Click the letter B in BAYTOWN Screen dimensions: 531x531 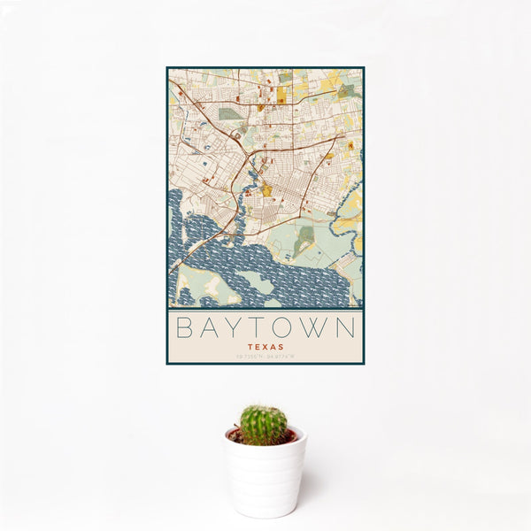click(x=181, y=328)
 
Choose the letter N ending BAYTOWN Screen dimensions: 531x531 click(x=349, y=328)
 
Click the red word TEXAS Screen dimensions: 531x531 click(x=265, y=347)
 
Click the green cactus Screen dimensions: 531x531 click(x=264, y=424)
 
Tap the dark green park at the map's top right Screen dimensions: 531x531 click(x=347, y=90)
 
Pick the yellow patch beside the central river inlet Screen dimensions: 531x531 click(x=266, y=189)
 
